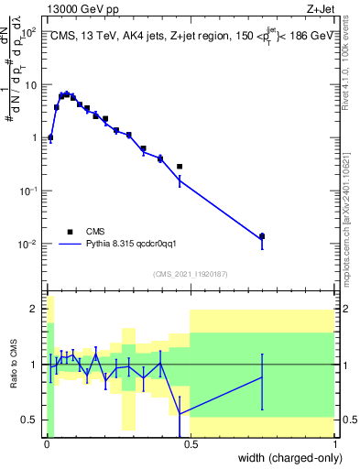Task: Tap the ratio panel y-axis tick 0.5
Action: (x=30, y=420)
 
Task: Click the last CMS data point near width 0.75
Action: (x=262, y=236)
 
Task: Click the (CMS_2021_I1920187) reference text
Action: (x=190, y=273)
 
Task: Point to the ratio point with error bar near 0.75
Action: (x=262, y=377)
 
